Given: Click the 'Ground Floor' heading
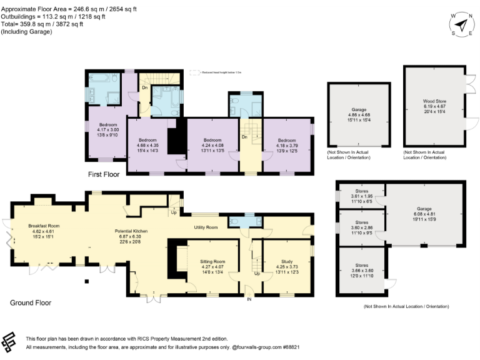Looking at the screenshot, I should tap(30, 303).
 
